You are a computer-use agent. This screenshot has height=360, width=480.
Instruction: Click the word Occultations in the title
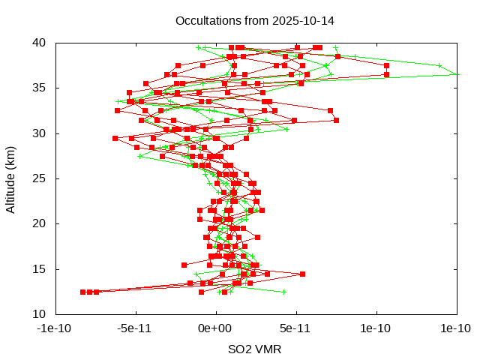(x=205, y=20)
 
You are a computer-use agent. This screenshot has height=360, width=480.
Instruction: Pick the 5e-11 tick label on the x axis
(x=296, y=328)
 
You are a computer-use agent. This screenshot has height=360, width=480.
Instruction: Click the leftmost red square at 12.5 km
(x=83, y=292)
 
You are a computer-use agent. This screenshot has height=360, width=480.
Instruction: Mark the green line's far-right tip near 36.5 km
(x=457, y=74)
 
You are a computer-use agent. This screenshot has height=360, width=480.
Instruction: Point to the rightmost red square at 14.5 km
(x=302, y=274)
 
